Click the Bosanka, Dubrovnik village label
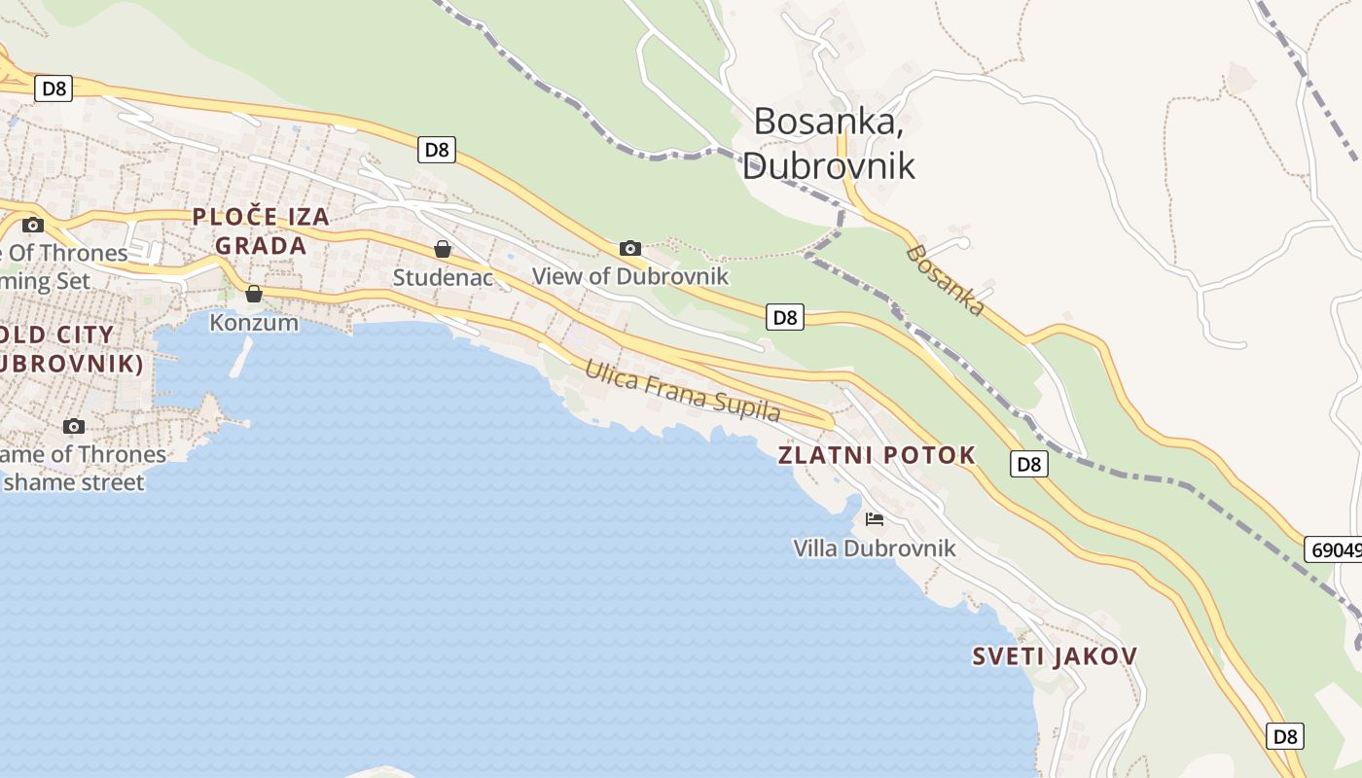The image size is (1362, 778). tap(828, 143)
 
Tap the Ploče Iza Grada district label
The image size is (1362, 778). tap(261, 231)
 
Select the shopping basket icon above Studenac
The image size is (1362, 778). tap(443, 249)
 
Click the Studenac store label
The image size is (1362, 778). tap(443, 278)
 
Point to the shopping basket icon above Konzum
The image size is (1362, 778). tap(254, 293)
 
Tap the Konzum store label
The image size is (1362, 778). tap(254, 323)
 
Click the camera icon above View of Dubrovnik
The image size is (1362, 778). tap(630, 248)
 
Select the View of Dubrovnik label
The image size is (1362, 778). tap(629, 276)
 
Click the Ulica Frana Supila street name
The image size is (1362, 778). tap(682, 391)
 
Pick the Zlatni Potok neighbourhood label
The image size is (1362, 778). tap(877, 455)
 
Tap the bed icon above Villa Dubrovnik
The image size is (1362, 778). tap(875, 519)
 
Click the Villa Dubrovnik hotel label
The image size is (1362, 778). tap(875, 548)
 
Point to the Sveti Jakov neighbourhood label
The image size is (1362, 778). tap(1055, 656)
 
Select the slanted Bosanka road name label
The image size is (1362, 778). tap(945, 280)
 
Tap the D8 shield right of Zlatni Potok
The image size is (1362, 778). tap(1029, 464)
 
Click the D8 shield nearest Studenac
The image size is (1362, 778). tap(437, 150)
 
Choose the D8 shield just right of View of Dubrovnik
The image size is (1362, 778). tap(785, 317)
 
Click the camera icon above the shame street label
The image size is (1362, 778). tap(73, 426)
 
